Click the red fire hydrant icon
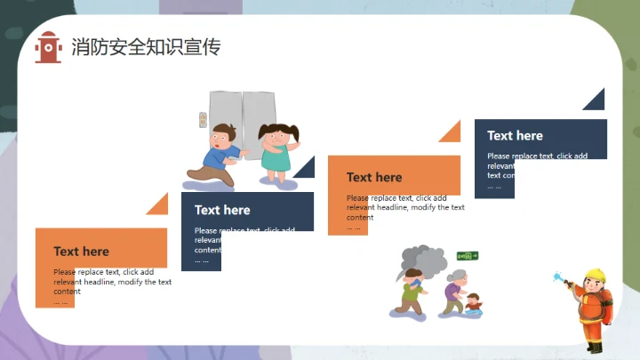coord(48,47)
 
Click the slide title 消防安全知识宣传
coord(146,47)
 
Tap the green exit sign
coord(467,256)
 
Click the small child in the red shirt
coord(473,304)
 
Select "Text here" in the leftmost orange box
coord(81,252)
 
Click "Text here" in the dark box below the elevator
coord(222,210)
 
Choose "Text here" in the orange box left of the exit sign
coord(374,177)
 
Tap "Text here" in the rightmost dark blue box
coord(515,135)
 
